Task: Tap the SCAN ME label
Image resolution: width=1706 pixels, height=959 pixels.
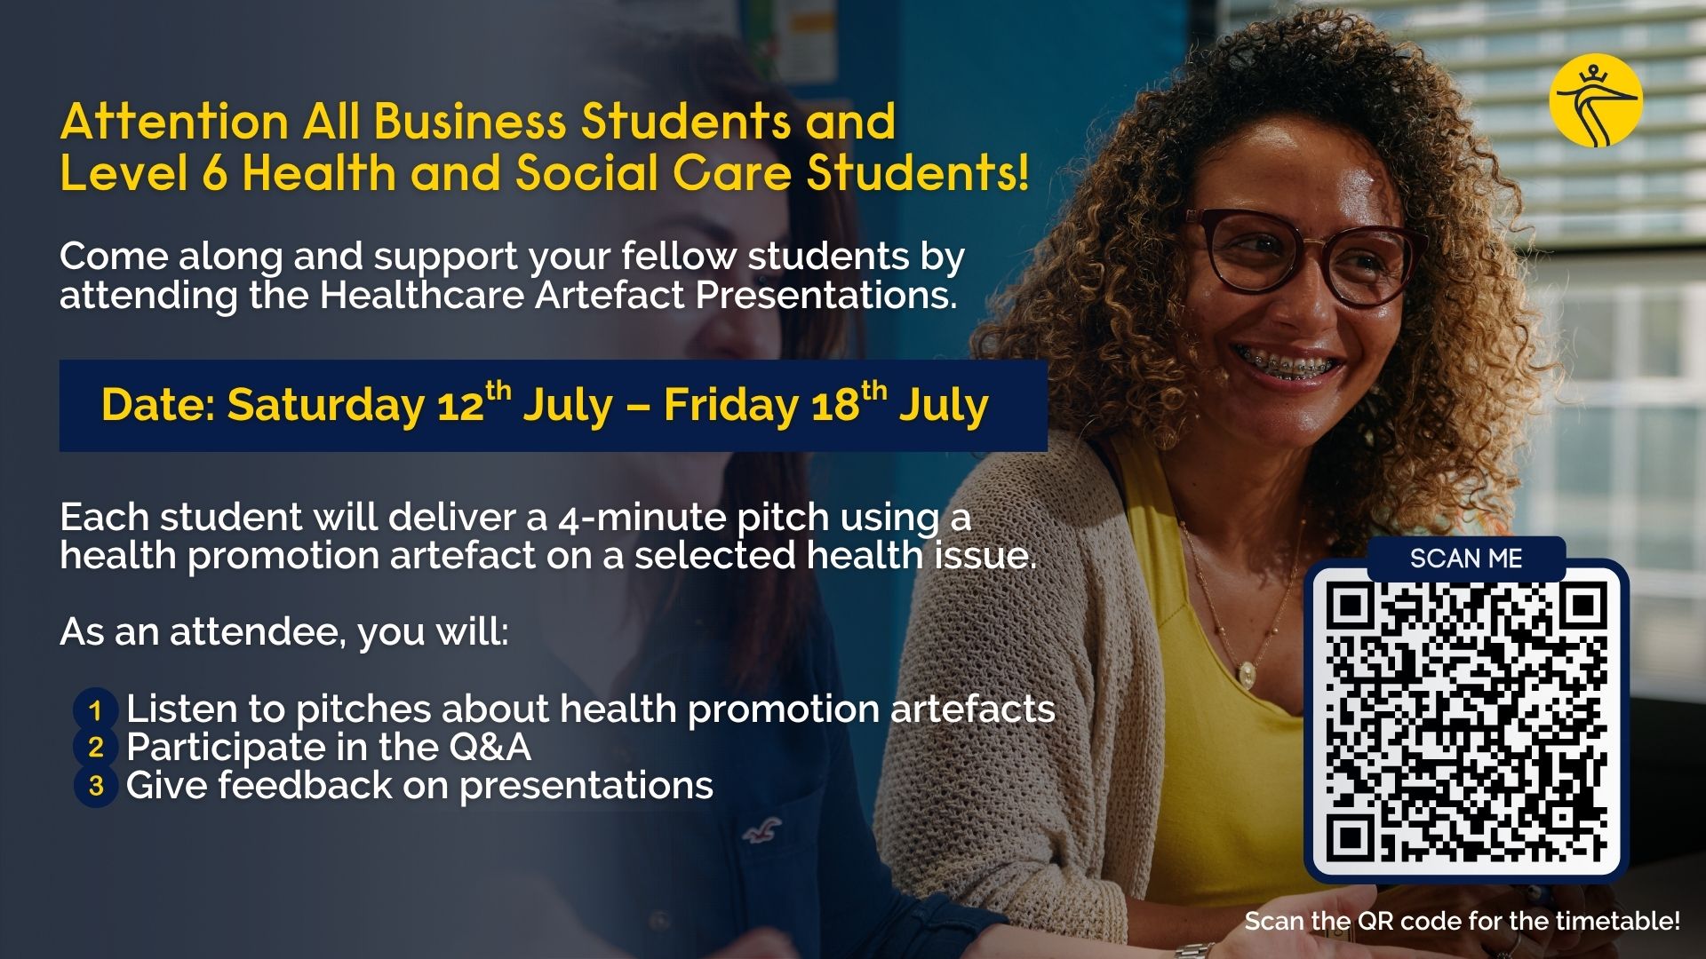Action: pos(1466,559)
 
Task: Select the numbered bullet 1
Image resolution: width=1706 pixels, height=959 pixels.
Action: pos(96,710)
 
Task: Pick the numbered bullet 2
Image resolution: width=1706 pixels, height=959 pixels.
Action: pos(96,748)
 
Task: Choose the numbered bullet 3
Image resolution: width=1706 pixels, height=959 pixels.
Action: pos(96,786)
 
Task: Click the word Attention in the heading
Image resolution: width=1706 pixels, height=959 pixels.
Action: pos(174,121)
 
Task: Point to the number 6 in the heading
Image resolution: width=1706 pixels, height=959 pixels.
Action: pos(214,172)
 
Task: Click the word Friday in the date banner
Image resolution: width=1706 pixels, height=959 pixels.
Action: pos(731,406)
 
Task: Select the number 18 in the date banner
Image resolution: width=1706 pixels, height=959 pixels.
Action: pos(835,407)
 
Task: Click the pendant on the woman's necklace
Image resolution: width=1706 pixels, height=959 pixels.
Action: pos(1248,673)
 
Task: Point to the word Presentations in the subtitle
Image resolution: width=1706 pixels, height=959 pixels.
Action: pos(825,295)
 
